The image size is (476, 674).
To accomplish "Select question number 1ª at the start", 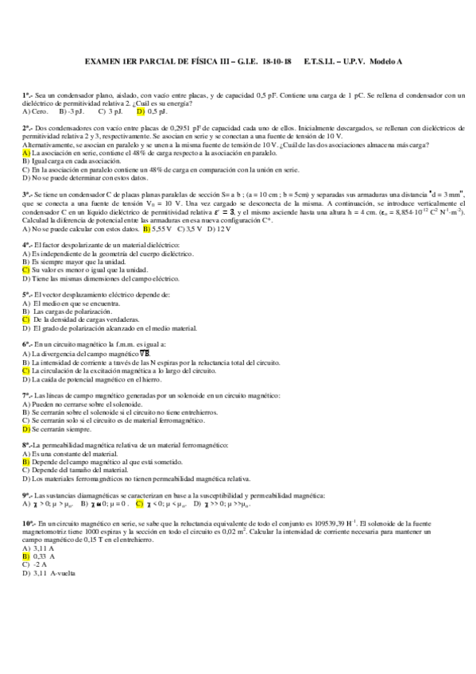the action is [27, 95].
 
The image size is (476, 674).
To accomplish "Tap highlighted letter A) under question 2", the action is [26, 153].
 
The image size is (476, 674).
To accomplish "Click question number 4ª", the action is [27, 244].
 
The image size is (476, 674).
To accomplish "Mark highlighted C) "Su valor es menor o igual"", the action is [26, 269].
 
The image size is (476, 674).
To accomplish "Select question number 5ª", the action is [27, 294].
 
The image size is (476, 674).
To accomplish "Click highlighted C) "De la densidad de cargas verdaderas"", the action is [26, 320].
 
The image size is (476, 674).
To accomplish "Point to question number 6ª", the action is [27, 344].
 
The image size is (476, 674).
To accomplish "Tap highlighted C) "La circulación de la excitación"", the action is [26, 370].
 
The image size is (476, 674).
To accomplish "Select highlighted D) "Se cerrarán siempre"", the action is [26, 428].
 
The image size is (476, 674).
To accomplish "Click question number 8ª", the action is [27, 445].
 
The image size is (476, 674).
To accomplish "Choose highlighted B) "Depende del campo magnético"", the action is [26, 462].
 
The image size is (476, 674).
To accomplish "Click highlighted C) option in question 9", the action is [140, 503].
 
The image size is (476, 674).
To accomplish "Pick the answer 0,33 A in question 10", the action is [44, 556].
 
